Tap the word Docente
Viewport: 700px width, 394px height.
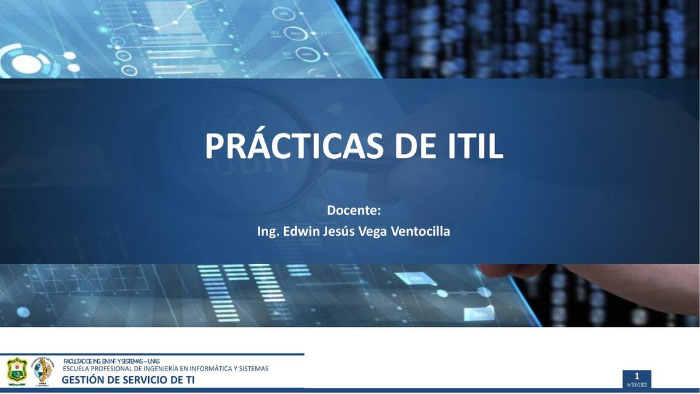pos(354,211)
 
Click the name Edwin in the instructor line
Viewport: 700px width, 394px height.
pos(301,231)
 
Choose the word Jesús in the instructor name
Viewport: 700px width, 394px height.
pos(343,231)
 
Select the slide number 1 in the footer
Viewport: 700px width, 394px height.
pos(637,376)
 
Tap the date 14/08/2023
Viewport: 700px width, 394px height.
pos(637,385)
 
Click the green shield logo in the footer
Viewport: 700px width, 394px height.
pos(17,371)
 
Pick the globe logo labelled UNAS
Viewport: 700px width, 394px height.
pos(43,371)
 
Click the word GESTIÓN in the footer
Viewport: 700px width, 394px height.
pos(82,380)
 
